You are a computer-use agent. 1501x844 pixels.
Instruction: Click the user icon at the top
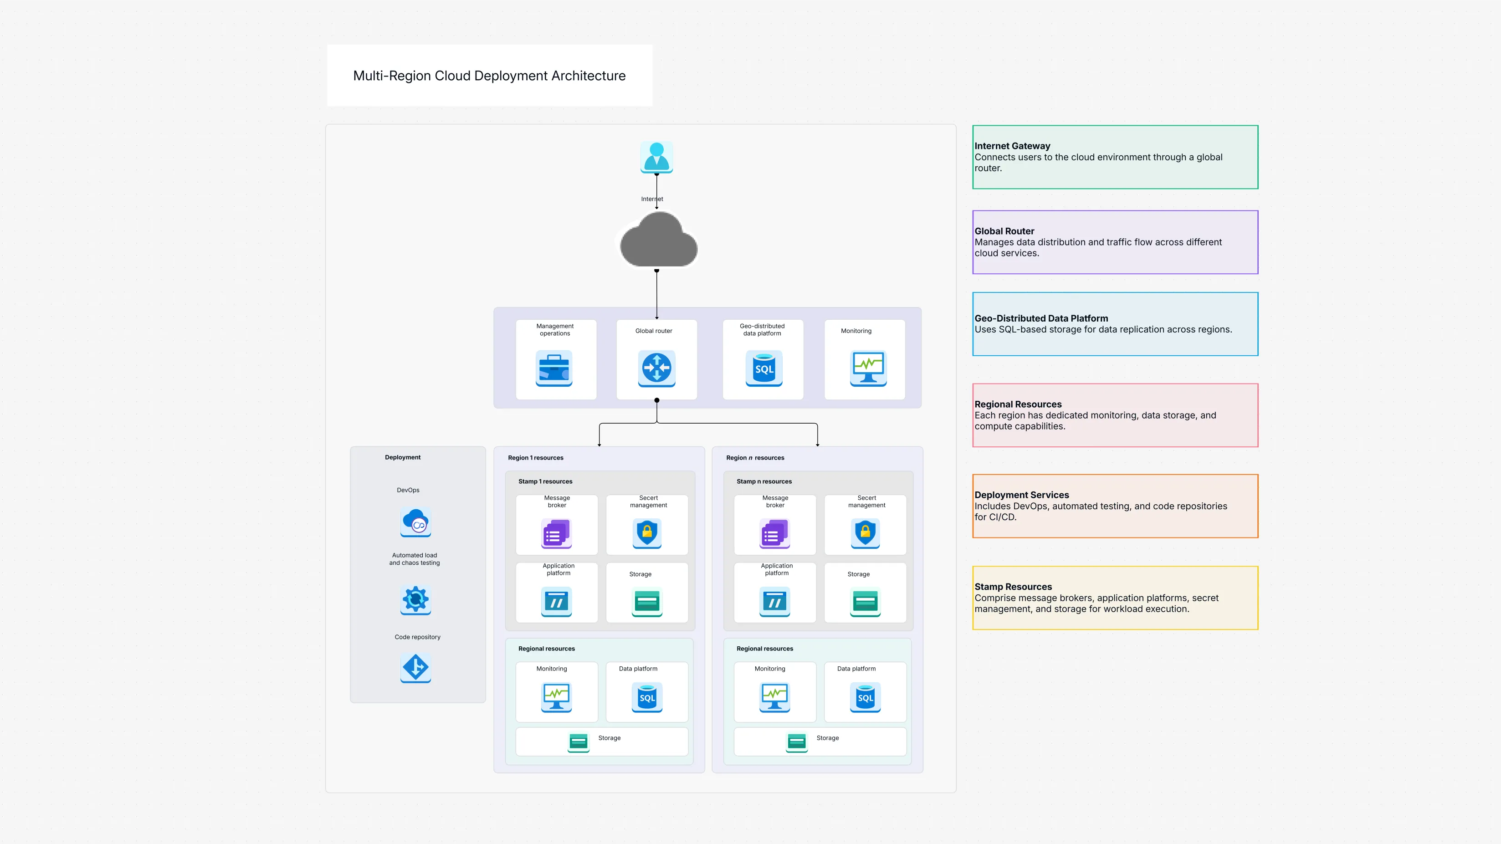(657, 157)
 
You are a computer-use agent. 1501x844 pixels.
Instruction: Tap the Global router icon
(657, 368)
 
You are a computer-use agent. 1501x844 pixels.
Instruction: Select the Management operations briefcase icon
(554, 368)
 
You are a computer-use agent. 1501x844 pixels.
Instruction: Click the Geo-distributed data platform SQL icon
(764, 368)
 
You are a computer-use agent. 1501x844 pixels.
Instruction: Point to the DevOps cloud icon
(415, 522)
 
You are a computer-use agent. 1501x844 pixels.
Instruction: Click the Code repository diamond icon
(415, 667)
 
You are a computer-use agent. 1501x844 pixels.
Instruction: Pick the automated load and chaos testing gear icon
(415, 599)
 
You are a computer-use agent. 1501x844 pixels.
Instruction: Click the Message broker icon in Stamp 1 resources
(557, 533)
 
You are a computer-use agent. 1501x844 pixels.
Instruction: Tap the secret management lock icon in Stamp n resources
(865, 532)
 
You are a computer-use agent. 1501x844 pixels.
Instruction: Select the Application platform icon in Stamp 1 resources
(557, 602)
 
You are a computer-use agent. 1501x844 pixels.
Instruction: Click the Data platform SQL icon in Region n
(865, 697)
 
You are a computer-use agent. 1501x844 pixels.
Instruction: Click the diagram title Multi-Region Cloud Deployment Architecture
(489, 76)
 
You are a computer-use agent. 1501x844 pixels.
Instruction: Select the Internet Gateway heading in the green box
(1012, 146)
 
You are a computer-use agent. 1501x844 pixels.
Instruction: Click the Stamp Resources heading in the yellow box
(1013, 587)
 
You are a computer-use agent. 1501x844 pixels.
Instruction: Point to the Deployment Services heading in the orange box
(1021, 495)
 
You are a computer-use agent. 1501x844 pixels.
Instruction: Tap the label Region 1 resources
(536, 458)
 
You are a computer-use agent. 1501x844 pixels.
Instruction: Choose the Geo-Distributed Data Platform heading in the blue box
(1040, 318)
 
